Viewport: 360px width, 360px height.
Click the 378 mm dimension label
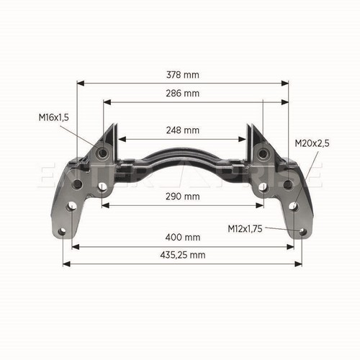183,75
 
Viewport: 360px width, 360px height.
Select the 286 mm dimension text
183,94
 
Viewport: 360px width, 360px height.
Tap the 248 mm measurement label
183,130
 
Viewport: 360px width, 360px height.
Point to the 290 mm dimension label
183,197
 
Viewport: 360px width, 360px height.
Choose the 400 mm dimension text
183,238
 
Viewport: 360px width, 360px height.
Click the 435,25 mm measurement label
183,255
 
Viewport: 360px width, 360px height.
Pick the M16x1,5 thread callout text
54,117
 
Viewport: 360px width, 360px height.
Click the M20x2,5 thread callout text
312,143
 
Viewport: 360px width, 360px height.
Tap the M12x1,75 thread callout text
245,229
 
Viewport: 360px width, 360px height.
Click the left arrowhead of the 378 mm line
81,84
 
